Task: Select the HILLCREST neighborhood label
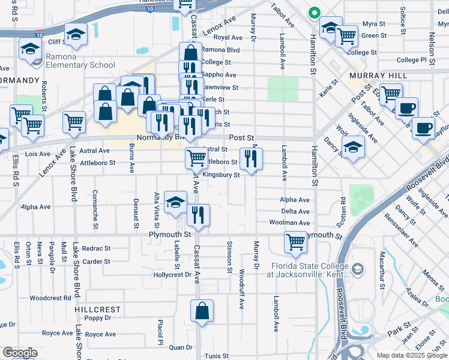pyautogui.click(x=98, y=310)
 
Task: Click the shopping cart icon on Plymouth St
pyautogui.click(x=296, y=242)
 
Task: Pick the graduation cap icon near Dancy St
pyautogui.click(x=353, y=147)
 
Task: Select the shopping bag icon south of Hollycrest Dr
pyautogui.click(x=202, y=311)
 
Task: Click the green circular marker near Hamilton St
pyautogui.click(x=313, y=13)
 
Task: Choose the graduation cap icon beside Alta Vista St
pyautogui.click(x=175, y=202)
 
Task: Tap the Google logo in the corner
pyautogui.click(x=20, y=353)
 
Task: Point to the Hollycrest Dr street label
pyautogui.click(x=172, y=275)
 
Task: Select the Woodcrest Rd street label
pyautogui.click(x=50, y=298)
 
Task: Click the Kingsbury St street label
pyautogui.click(x=221, y=175)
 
